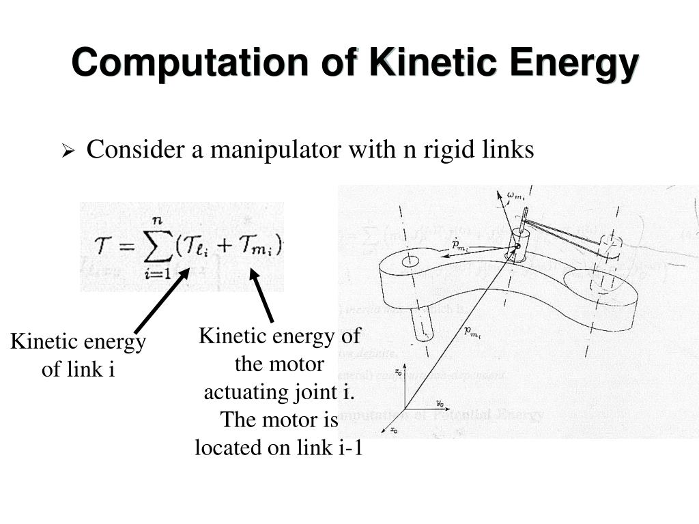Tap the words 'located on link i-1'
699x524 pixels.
pyautogui.click(x=278, y=448)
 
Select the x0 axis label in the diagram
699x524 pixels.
pyautogui.click(x=394, y=430)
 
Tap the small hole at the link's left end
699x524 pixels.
pyautogui.click(x=410, y=261)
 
